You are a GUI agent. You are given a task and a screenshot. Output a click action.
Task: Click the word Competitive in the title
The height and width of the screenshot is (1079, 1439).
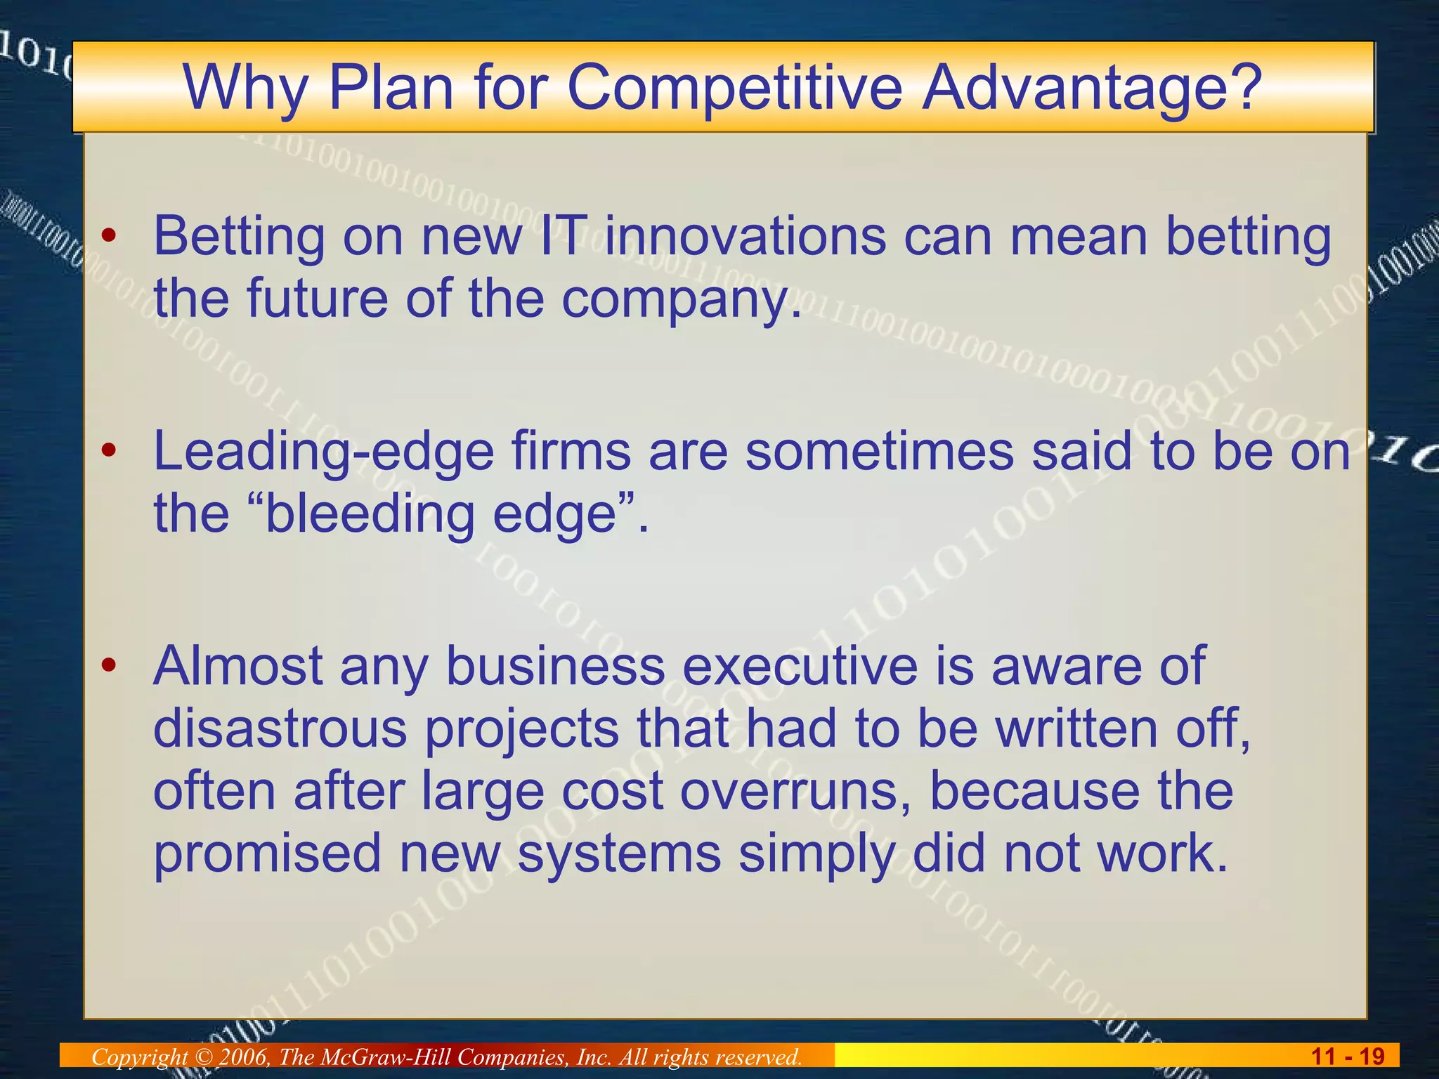click(734, 89)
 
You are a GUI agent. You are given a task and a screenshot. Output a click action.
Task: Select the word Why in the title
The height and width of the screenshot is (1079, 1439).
click(245, 89)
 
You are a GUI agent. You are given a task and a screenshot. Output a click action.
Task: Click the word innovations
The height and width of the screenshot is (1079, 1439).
click(745, 236)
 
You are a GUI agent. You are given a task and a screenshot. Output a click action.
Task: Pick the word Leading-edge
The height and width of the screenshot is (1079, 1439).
click(324, 451)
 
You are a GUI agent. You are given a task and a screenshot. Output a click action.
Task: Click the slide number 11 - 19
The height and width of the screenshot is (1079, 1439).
click(1348, 1056)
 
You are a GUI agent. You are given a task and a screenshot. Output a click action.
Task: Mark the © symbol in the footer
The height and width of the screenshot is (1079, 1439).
click(203, 1057)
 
